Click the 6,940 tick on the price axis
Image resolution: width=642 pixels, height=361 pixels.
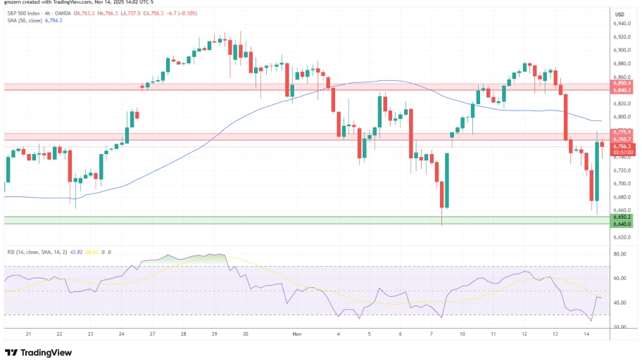click(622, 23)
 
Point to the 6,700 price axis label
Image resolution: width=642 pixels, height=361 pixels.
click(622, 184)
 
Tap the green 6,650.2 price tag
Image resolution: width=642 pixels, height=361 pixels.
click(622, 217)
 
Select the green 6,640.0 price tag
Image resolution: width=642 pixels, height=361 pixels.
click(622, 224)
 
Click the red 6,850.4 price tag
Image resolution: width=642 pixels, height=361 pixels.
click(622, 84)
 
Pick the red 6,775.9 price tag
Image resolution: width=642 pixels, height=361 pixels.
click(622, 132)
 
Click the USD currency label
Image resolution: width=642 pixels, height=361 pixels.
click(620, 14)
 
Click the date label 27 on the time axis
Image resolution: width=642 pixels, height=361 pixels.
click(151, 335)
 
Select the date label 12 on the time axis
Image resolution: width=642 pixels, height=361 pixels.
click(525, 335)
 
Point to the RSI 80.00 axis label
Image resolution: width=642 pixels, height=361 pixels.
click(621, 253)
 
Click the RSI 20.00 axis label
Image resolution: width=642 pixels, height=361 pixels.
click(621, 327)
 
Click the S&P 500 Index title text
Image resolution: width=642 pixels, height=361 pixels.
click(29, 13)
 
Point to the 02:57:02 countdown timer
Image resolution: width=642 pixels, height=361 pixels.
click(622, 152)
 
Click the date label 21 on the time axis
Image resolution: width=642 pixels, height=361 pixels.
click(28, 335)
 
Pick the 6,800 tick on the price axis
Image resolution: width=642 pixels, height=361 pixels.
click(622, 117)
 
